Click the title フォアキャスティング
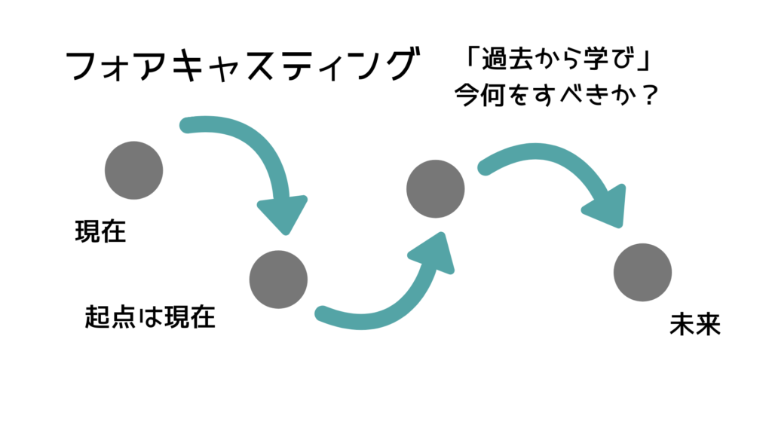242,65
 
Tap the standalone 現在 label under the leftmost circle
100,231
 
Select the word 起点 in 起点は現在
110,316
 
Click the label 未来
694,324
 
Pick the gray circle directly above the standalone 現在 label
134,170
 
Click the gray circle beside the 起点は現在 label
278,280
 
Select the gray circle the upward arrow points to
435,189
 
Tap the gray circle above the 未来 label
642,272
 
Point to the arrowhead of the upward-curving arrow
433,252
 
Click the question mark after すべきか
651,95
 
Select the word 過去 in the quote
507,59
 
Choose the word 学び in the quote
608,59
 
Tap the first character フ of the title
82,66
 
